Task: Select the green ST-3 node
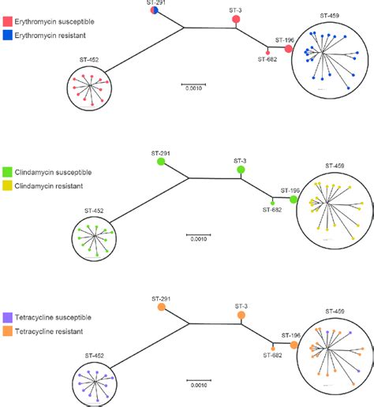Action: (240, 170)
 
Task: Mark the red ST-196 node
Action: (289, 50)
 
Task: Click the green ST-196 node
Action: (294, 200)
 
